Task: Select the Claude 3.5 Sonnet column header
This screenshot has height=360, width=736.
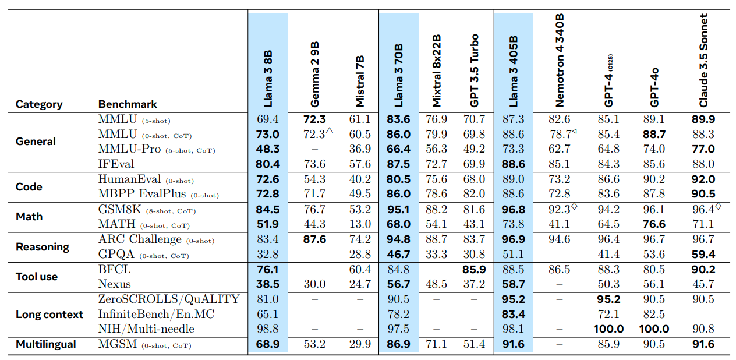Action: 703,61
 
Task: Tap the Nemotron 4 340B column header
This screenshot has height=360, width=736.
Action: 560,62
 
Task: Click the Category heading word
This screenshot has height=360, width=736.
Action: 39,104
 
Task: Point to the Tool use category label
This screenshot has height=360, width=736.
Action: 37,277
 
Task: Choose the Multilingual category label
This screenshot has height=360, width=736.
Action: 46,344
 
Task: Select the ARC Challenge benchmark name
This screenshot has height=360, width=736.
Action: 140,239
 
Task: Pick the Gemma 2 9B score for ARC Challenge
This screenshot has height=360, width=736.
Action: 314,239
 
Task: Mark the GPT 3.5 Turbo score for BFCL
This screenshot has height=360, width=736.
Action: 474,270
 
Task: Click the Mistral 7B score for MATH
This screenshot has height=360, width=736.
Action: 360,224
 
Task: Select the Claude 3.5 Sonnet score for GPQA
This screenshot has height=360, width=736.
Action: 703,254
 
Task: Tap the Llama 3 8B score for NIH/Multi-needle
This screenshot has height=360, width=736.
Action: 268,329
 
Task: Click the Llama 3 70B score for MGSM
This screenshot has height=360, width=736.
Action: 398,344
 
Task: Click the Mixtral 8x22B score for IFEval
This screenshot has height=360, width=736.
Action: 437,164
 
